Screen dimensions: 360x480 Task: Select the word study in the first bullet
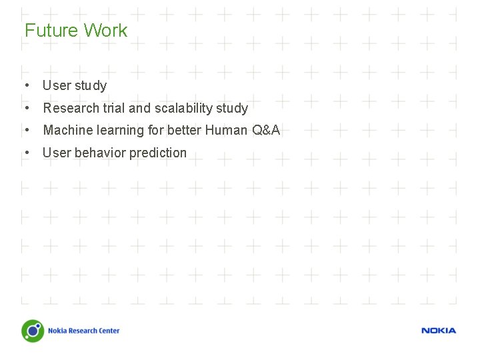91,85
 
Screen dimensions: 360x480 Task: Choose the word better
184,130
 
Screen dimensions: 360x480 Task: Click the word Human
226,130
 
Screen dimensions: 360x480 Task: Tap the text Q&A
266,130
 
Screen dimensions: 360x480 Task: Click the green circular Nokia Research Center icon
32,331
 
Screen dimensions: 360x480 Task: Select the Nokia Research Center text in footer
83,331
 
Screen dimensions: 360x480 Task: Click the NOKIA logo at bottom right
439,331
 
